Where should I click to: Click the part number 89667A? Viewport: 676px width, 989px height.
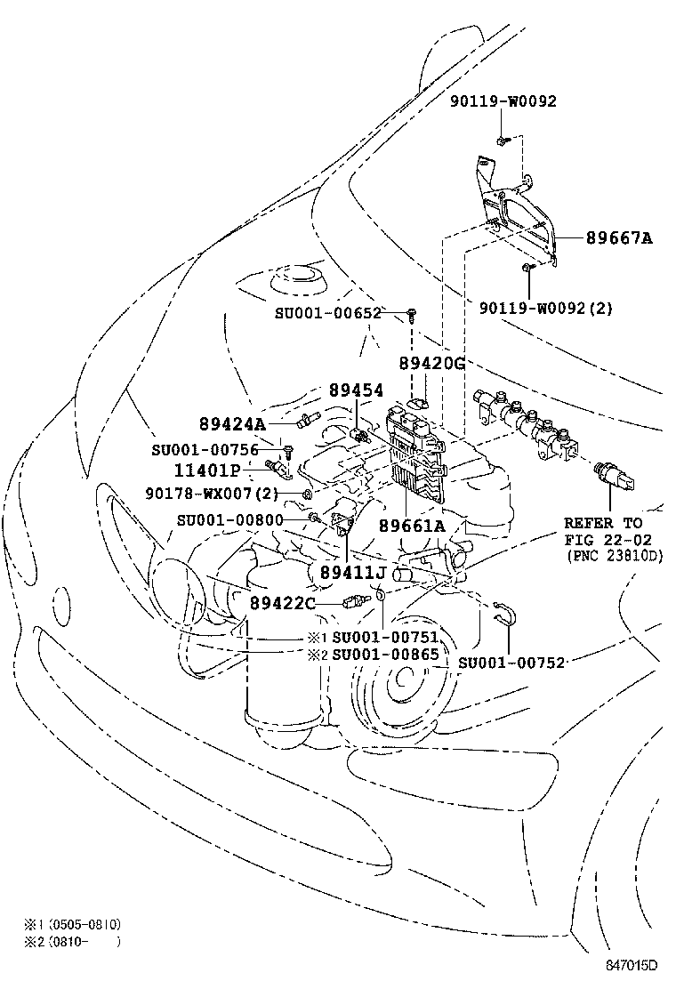coord(618,237)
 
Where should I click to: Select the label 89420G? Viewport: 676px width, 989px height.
coord(432,363)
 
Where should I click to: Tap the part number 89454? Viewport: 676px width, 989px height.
coord(356,390)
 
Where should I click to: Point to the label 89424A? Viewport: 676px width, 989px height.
coord(232,424)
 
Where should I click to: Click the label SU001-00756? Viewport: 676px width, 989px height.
coord(205,450)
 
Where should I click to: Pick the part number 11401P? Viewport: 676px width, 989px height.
coord(207,470)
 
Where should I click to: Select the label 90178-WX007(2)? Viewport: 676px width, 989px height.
coord(212,494)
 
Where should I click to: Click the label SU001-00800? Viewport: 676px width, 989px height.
coord(230,520)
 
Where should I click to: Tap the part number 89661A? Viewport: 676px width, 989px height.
coord(412,526)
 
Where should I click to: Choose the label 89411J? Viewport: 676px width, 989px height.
coord(352,572)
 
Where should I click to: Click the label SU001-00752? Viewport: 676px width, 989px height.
coord(511,663)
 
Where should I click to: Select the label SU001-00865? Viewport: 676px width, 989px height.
coord(385,654)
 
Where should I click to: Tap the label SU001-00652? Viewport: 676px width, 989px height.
coord(328,313)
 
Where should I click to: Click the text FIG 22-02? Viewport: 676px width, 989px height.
coord(608,539)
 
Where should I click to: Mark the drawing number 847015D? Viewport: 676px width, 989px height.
coord(632,965)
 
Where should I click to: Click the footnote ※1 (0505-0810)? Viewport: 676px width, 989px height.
coord(73,925)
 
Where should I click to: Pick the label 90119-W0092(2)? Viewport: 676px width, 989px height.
coord(546,309)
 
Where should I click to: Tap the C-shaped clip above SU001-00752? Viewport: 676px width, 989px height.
coord(506,612)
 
